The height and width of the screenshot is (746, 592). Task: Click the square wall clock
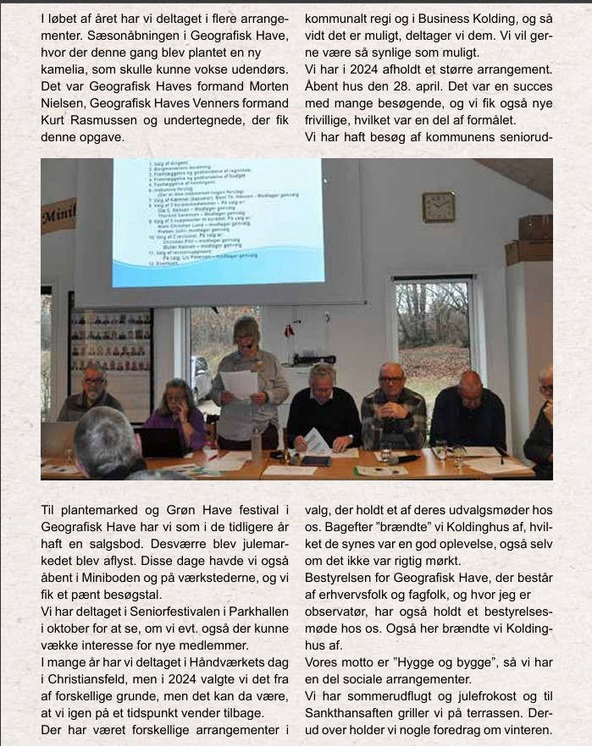pyautogui.click(x=438, y=206)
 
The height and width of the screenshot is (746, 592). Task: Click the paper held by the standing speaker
pyautogui.click(x=240, y=384)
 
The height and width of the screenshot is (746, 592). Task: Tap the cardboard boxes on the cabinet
pyautogui.click(x=529, y=239)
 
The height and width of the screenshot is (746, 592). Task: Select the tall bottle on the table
pyautogui.click(x=256, y=444)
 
